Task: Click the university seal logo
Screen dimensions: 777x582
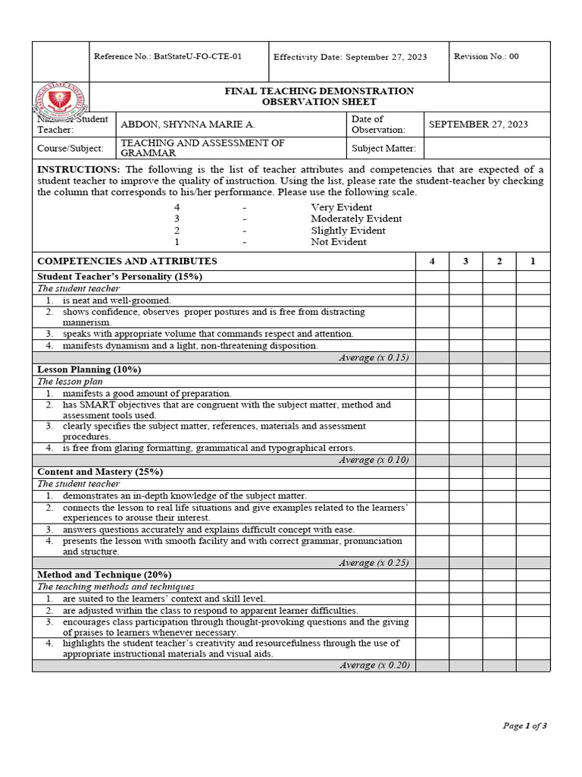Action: coord(61,99)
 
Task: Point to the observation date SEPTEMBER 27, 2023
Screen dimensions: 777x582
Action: coord(478,124)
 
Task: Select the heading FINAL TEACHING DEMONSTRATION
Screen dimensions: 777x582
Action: coord(319,91)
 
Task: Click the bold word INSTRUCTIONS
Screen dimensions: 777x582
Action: coord(79,169)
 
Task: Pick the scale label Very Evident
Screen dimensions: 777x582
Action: coord(341,207)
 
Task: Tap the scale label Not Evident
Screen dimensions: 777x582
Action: coord(338,242)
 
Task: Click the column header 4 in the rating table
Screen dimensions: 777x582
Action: coord(432,261)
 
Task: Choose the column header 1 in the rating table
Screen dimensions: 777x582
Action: coord(533,261)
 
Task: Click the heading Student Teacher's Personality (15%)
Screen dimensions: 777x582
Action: coord(120,277)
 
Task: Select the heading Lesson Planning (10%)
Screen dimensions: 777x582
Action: coord(90,370)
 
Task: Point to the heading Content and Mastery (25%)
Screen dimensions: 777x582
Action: coord(100,472)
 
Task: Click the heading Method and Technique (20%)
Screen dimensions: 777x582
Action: coord(105,575)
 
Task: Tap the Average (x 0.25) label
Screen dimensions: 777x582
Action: coord(374,563)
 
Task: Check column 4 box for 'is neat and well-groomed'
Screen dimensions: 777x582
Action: coord(432,300)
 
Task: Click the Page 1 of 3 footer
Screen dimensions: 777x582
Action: coord(524,726)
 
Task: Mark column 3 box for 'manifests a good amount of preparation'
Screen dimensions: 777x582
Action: coord(465,394)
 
